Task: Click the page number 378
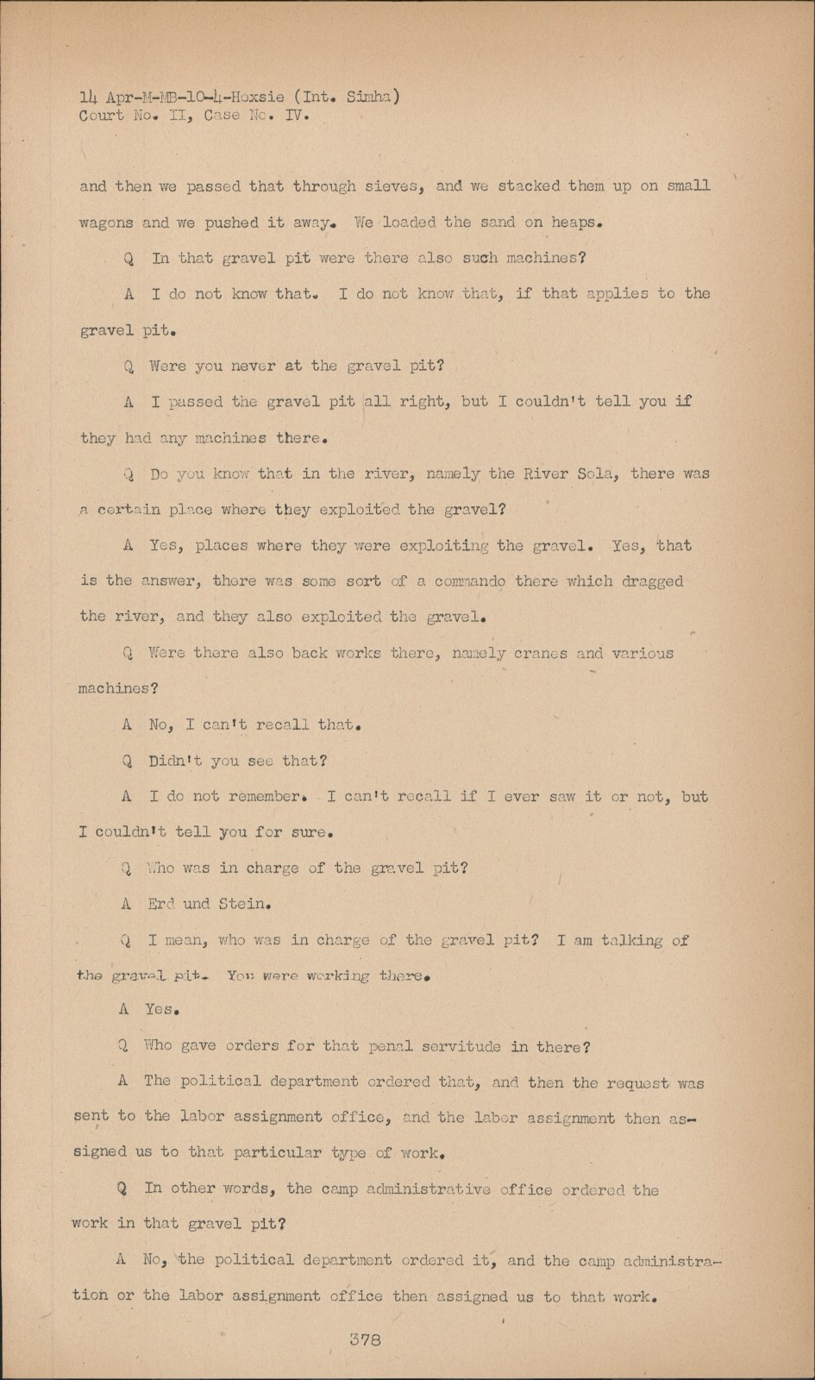pos(365,1339)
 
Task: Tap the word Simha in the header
pos(370,97)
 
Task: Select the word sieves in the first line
pos(394,186)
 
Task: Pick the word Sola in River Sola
pos(594,474)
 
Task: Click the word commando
pos(470,581)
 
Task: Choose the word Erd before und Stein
pos(161,904)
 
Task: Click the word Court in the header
pos(101,116)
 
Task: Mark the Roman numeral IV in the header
pos(296,116)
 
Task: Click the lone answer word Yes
pos(160,1009)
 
